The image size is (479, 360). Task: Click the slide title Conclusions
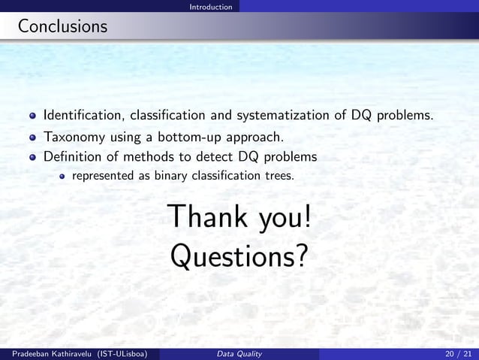[x=62, y=27]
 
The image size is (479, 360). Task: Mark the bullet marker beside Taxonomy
[x=33, y=138]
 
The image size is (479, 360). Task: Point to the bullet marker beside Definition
[x=33, y=158]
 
